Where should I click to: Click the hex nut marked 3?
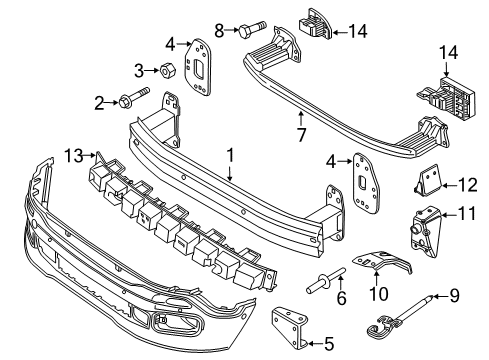(171, 71)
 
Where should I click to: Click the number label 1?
(230, 155)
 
